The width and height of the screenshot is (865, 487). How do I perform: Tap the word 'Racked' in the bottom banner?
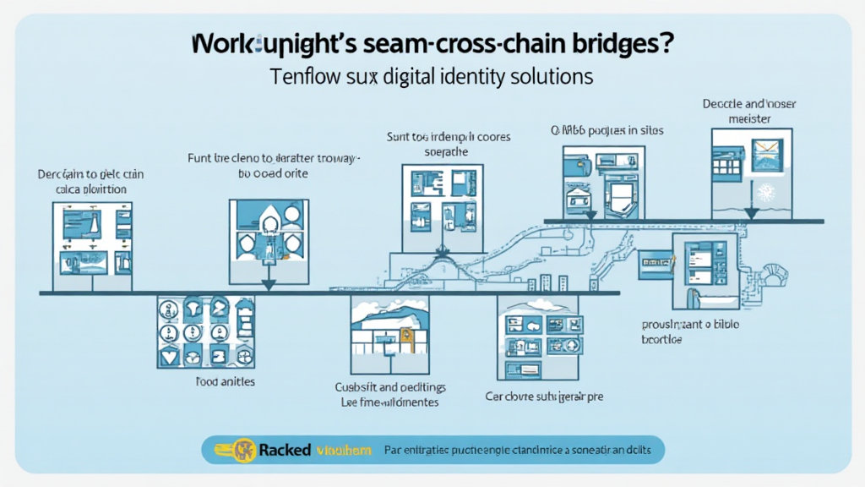pos(285,450)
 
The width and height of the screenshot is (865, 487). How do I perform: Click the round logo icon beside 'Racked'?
pos(246,450)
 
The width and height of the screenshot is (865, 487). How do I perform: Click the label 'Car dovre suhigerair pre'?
pos(549,396)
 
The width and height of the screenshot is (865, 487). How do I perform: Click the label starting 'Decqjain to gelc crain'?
pos(90,174)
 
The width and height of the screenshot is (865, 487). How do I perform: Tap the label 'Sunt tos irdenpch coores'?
pos(442,135)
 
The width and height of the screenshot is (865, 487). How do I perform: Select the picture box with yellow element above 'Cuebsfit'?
pos(389,332)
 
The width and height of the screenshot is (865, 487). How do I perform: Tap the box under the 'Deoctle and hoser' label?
pos(751,172)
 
